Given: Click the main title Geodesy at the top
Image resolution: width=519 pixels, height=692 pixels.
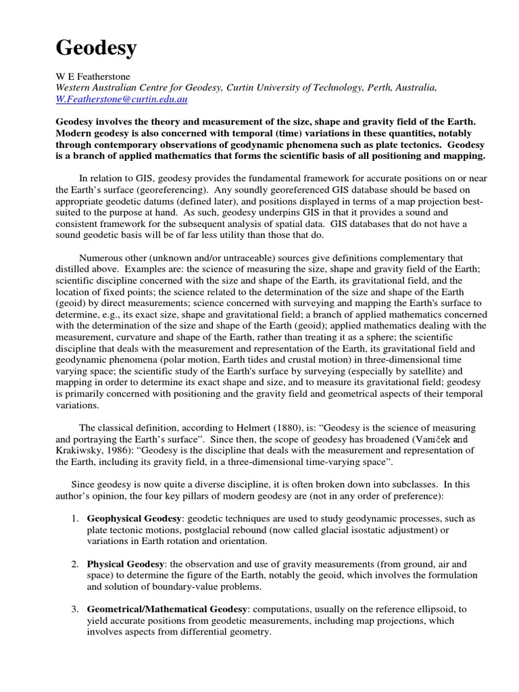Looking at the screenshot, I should (95, 48).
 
